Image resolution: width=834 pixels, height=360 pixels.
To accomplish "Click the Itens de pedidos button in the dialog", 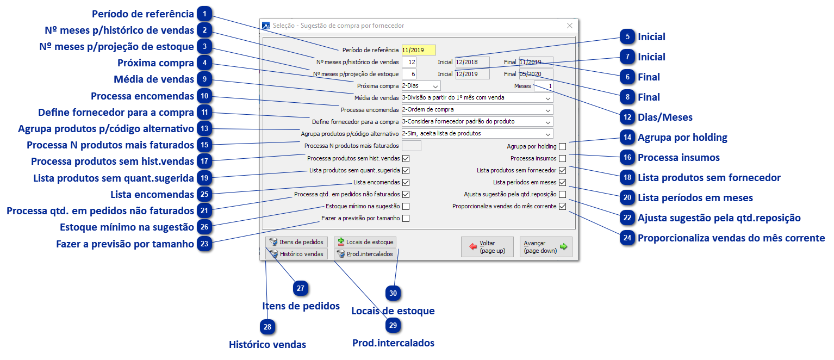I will click(296, 242).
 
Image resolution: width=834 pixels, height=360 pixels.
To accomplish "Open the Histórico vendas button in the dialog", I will click(296, 254).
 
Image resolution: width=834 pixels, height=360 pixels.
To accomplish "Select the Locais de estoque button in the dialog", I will click(365, 242).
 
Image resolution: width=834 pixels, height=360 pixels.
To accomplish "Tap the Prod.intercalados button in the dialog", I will click(365, 254).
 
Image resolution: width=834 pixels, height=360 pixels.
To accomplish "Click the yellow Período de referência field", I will click(419, 50).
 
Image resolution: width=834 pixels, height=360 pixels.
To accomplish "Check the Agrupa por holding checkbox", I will click(562, 146).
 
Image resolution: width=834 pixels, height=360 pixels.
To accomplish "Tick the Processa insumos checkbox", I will click(562, 159).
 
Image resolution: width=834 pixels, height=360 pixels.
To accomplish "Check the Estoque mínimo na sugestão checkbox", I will click(406, 207).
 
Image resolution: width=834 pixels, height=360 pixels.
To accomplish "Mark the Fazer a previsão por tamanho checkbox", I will click(406, 219).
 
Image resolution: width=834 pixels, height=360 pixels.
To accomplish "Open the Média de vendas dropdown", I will click(477, 98).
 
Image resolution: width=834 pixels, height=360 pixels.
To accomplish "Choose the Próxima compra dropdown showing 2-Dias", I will click(421, 86).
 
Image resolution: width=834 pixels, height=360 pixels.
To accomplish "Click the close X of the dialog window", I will click(569, 26).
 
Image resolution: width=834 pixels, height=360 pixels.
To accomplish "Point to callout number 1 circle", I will click(204, 14).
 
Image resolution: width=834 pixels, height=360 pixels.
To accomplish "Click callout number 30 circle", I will click(393, 293).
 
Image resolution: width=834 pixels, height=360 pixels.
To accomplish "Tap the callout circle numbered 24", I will click(628, 238).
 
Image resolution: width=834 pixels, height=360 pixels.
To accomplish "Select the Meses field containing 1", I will click(543, 86).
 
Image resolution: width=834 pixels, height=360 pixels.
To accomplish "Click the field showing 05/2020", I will click(536, 74).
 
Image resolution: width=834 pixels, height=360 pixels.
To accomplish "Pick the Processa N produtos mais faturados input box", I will click(411, 146).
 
